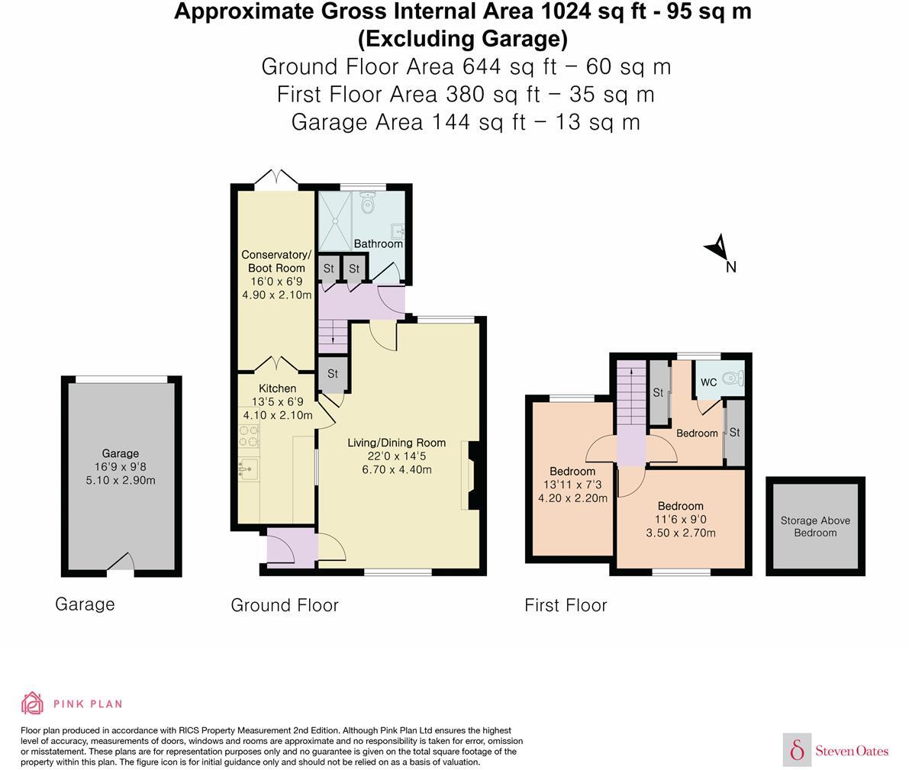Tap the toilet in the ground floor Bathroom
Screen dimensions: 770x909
tap(369, 203)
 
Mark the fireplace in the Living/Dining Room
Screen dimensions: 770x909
tap(472, 477)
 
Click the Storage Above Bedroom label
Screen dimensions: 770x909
tap(815, 527)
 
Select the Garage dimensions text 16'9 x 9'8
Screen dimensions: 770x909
tap(121, 467)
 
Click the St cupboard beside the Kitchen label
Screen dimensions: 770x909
tap(333, 374)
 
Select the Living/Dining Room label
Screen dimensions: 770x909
tap(396, 443)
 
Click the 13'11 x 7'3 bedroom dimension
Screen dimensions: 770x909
tap(572, 485)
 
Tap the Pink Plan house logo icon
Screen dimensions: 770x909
tap(32, 703)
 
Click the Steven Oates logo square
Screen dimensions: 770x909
tap(797, 749)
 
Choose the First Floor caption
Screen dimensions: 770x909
tap(566, 605)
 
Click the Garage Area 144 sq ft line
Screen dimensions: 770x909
tap(466, 122)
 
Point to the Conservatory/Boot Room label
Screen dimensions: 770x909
tap(276, 261)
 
